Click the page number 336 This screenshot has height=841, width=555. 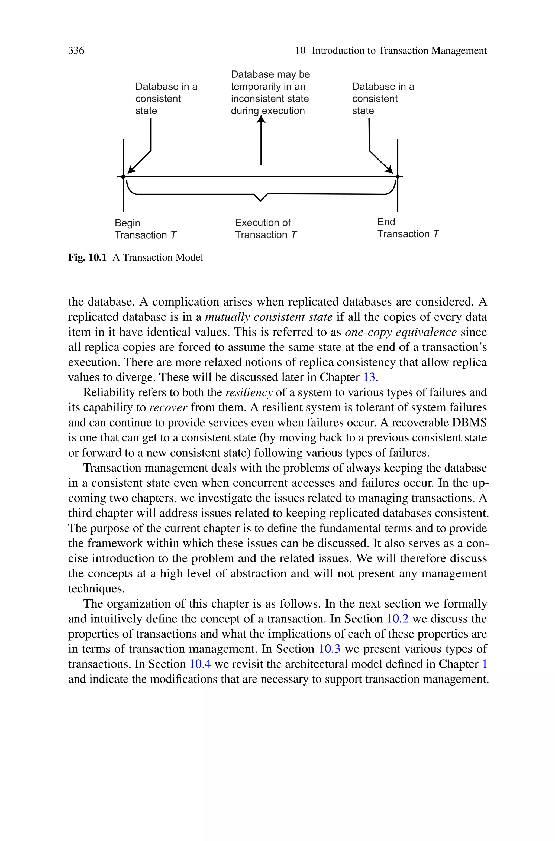click(76, 51)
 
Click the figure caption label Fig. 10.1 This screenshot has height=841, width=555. click(87, 258)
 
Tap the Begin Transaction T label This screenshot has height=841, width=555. click(145, 229)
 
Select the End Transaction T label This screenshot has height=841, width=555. click(407, 228)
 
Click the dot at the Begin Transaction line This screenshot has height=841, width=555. click(123, 177)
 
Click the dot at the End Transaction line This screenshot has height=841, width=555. click(398, 177)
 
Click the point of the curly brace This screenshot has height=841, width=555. click(260, 200)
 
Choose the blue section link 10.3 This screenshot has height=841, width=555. click(329, 649)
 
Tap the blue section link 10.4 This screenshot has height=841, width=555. click(200, 664)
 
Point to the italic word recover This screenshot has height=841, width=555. click(168, 407)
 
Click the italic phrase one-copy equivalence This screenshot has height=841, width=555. click(400, 332)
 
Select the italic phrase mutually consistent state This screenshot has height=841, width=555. click(269, 317)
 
